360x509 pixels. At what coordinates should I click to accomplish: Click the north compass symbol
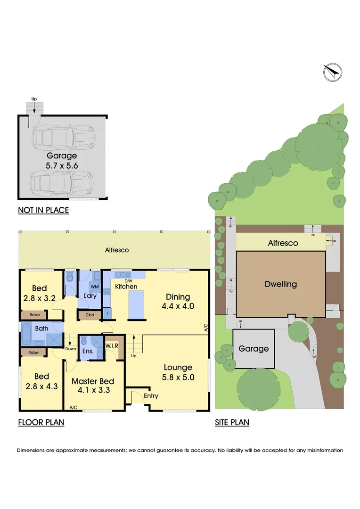(333, 72)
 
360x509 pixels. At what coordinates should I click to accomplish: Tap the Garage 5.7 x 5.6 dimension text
(62, 165)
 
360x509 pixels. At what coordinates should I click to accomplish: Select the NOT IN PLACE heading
(43, 210)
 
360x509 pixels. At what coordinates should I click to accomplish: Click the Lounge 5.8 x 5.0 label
(178, 372)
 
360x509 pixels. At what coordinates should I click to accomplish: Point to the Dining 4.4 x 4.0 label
(178, 301)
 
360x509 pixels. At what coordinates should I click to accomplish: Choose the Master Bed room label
(92, 386)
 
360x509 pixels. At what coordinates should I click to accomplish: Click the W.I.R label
(112, 346)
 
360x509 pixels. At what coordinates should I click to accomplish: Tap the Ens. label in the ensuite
(88, 351)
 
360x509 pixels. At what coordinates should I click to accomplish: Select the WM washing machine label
(94, 287)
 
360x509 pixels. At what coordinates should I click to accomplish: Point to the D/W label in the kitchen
(128, 280)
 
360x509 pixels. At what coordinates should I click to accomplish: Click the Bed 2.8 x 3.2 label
(40, 293)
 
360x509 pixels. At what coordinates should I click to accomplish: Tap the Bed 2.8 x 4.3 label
(41, 381)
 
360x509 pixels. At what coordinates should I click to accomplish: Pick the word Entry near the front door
(151, 396)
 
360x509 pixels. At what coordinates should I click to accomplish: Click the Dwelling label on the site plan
(281, 284)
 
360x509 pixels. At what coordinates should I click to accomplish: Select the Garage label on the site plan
(254, 349)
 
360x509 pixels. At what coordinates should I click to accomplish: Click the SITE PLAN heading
(232, 422)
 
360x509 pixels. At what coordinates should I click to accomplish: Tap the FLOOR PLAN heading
(41, 422)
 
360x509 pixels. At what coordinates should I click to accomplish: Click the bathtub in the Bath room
(26, 335)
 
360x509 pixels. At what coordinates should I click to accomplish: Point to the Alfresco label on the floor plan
(117, 250)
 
